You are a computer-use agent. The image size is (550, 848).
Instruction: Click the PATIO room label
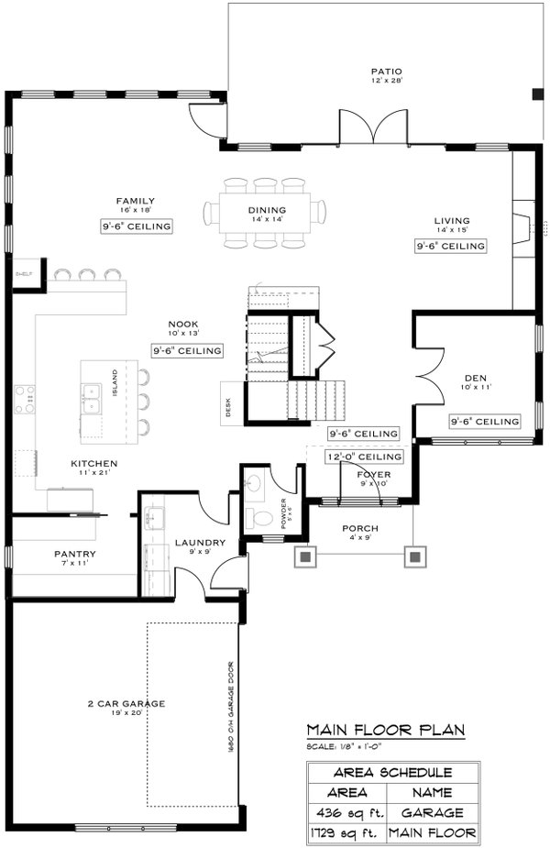pos(386,72)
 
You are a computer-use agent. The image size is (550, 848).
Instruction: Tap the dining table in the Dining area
pos(266,213)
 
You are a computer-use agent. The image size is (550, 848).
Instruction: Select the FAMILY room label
pos(135,201)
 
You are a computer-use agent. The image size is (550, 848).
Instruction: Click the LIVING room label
pos(452,221)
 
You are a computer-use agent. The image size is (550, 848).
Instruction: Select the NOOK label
pos(183,324)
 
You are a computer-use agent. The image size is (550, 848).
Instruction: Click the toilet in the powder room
pos(262,518)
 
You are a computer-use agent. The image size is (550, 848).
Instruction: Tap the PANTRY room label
pos(74,554)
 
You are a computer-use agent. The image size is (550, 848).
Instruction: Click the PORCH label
pos(360,528)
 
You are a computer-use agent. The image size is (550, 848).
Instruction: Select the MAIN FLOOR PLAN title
pos(386,731)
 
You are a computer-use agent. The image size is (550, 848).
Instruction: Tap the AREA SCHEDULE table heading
pos(392,772)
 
